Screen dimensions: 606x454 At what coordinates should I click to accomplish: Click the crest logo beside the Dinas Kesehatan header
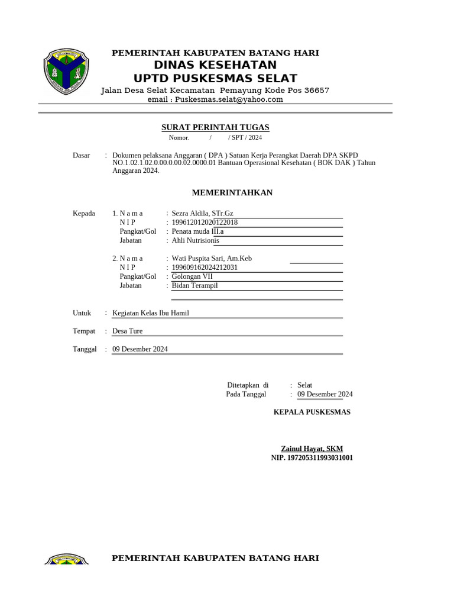point(66,73)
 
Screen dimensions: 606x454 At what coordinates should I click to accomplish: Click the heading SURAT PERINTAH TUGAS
point(215,127)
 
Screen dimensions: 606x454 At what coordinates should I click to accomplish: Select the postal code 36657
point(316,90)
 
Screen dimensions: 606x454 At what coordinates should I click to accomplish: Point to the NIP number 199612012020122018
point(205,223)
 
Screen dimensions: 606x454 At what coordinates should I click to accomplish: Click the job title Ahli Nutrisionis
point(195,241)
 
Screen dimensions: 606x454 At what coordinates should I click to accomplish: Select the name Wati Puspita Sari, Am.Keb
point(212,259)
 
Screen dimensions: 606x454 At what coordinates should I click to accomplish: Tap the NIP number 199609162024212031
point(205,267)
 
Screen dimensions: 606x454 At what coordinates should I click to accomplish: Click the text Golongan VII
point(192,276)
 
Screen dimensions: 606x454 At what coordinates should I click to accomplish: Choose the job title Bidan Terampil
point(194,285)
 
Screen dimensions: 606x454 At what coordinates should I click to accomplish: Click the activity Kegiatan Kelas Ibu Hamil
point(151,313)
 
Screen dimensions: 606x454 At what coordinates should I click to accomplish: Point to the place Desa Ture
point(127,331)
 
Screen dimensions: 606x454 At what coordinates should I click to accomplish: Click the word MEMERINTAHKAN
point(232,193)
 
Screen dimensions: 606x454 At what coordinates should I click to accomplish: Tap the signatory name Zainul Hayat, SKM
point(312,449)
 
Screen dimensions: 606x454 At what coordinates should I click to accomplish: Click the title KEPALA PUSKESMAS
point(312,412)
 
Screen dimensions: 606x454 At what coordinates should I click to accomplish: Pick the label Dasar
point(81,155)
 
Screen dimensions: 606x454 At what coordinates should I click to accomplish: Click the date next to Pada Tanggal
point(325,394)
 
